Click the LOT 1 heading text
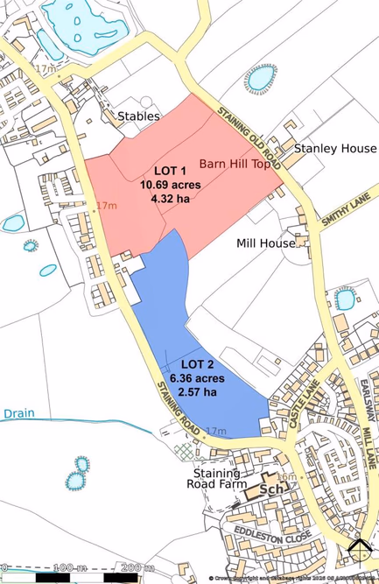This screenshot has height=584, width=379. pyautogui.click(x=171, y=170)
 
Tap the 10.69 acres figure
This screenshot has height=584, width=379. pyautogui.click(x=171, y=185)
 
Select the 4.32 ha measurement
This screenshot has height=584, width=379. pyautogui.click(x=171, y=199)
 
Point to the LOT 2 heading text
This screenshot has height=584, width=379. pyautogui.click(x=198, y=362)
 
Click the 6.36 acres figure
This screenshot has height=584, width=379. pyautogui.click(x=198, y=377)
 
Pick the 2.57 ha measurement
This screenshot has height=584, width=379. pyautogui.click(x=198, y=392)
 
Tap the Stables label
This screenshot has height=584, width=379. pyautogui.click(x=139, y=116)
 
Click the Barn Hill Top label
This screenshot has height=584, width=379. pyautogui.click(x=235, y=164)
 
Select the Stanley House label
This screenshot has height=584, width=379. pyautogui.click(x=334, y=149)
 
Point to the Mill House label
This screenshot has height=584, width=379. pyautogui.click(x=266, y=243)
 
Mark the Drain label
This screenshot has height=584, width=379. pyautogui.click(x=19, y=412)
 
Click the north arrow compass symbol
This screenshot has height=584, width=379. pyautogui.click(x=359, y=547)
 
